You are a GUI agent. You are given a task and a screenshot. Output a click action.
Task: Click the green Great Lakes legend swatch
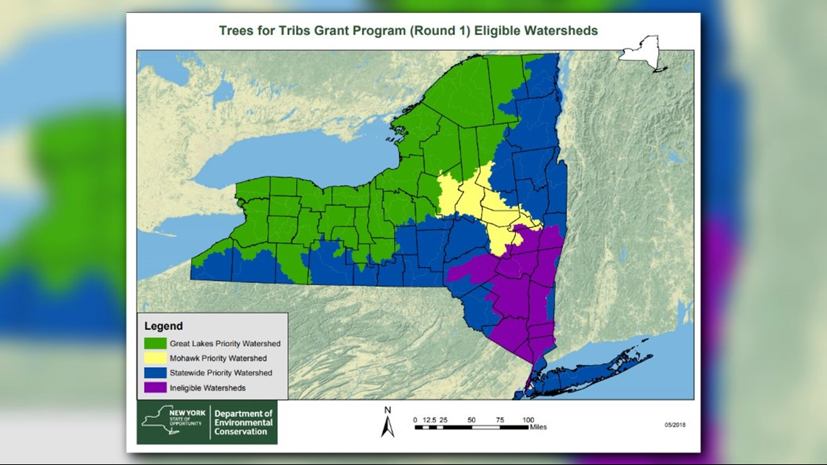pyautogui.click(x=155, y=343)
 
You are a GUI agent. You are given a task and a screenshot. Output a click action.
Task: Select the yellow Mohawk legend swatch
pyautogui.click(x=155, y=358)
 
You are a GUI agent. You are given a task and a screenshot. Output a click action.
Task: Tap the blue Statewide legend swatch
pyautogui.click(x=155, y=373)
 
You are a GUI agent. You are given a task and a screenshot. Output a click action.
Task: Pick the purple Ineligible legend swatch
pyautogui.click(x=155, y=388)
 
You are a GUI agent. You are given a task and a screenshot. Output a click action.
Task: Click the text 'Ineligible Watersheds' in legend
pyautogui.click(x=207, y=388)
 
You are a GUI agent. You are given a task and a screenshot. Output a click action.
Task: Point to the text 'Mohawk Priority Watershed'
pyautogui.click(x=218, y=358)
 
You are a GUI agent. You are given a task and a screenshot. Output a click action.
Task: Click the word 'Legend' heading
pyautogui.click(x=163, y=326)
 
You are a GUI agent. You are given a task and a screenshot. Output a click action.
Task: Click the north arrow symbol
pyautogui.click(x=387, y=423)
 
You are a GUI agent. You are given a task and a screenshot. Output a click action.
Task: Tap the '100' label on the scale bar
pyautogui.click(x=528, y=420)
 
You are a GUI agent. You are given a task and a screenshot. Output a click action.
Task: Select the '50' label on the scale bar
pyautogui.click(x=472, y=420)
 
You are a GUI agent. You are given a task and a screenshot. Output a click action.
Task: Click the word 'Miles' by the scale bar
pyautogui.click(x=538, y=428)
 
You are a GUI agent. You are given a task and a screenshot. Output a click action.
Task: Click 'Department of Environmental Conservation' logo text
pyautogui.click(x=243, y=423)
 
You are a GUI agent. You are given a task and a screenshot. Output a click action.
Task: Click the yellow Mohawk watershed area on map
pyautogui.click(x=472, y=199)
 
